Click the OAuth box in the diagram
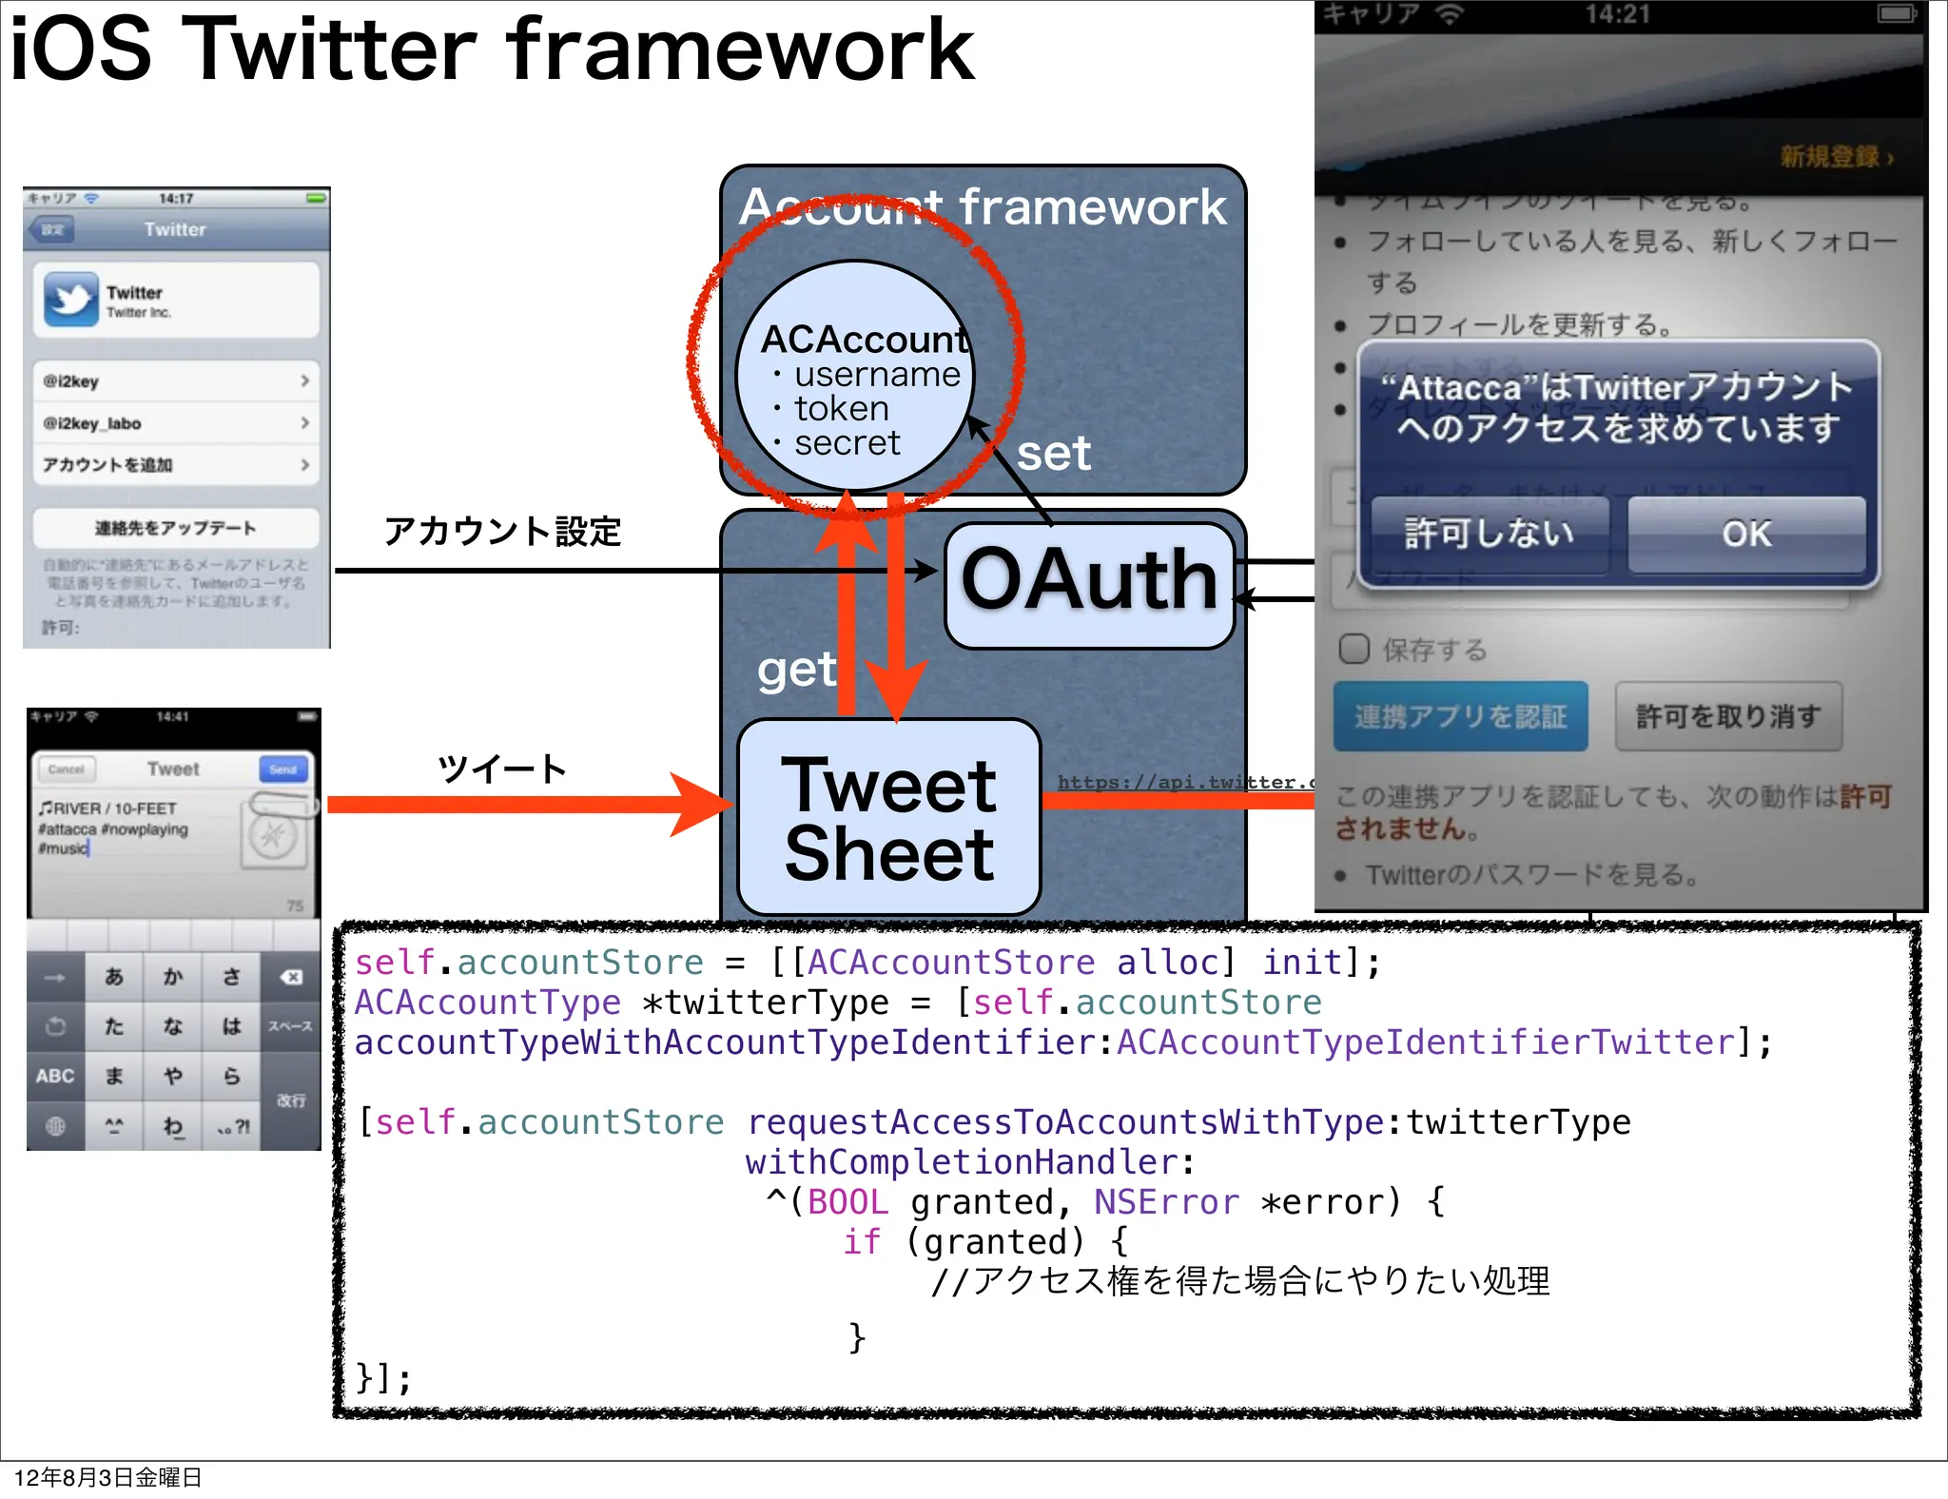[1089, 584]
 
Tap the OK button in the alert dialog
[1746, 535]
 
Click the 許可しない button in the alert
[1490, 535]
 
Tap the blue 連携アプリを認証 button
[1460, 716]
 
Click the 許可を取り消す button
[1728, 716]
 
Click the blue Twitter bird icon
[70, 300]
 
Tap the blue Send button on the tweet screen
[282, 769]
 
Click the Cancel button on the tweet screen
[66, 769]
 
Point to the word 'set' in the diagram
[1054, 455]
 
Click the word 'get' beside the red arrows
[796, 671]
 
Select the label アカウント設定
[502, 532]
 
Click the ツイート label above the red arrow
[502, 769]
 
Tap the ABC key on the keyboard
[55, 1076]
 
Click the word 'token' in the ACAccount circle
[842, 409]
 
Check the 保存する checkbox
[1354, 650]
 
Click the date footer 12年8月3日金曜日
[107, 1477]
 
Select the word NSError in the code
[1166, 1202]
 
